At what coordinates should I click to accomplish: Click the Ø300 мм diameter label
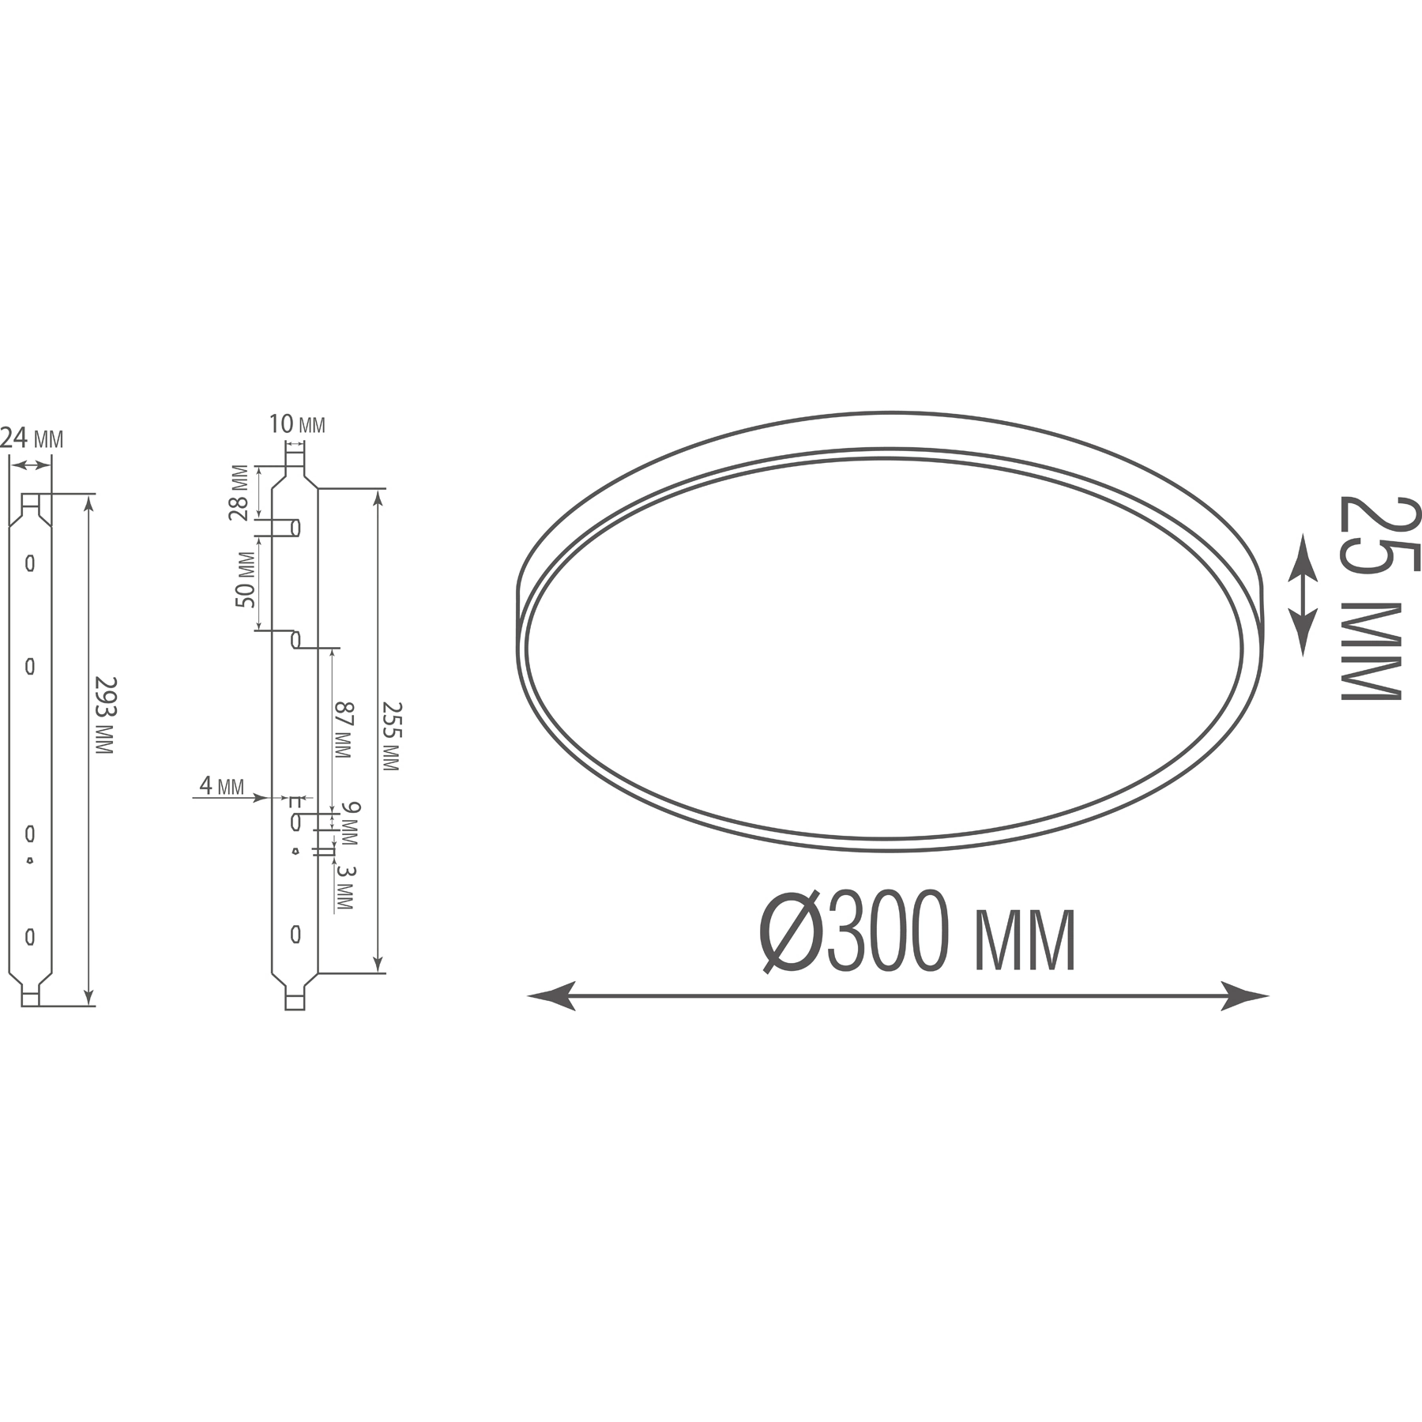pyautogui.click(x=917, y=931)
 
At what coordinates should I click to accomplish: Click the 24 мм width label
pyautogui.click(x=32, y=438)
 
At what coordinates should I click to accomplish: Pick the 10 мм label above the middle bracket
pyautogui.click(x=297, y=424)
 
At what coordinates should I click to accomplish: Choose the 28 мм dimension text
pyautogui.click(x=239, y=492)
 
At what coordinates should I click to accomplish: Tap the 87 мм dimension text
pyautogui.click(x=342, y=730)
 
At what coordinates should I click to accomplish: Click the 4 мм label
pyautogui.click(x=221, y=785)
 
